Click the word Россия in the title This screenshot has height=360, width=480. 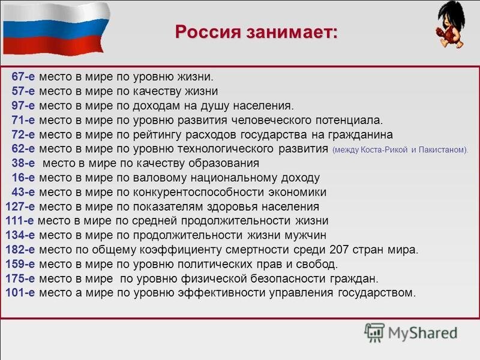coord(208,31)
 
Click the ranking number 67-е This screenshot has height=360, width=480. coord(23,77)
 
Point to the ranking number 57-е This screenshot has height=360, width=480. coord(23,91)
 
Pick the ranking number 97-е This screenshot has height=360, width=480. coord(23,106)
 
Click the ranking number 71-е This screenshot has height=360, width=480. coord(23,120)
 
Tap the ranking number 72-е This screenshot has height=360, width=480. coord(23,134)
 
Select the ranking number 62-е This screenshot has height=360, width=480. coord(23,149)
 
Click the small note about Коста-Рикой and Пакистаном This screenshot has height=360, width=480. coord(400,150)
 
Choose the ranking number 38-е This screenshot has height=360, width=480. coord(23,163)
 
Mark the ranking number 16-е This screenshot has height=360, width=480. coord(23,178)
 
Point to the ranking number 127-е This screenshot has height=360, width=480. coord(20,206)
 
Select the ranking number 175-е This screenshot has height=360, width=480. coord(20,278)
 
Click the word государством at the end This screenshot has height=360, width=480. coord(378,293)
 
